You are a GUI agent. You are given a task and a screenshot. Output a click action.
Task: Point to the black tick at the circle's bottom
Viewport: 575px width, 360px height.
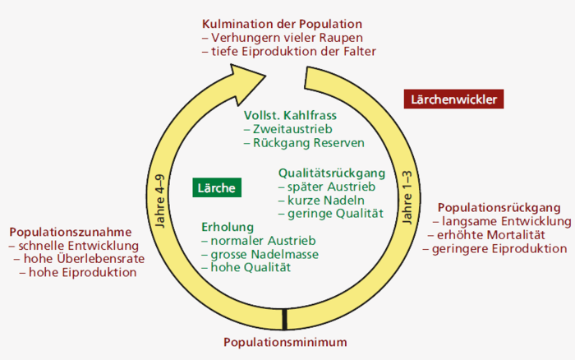click(x=284, y=318)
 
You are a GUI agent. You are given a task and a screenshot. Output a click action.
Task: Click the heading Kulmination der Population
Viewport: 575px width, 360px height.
click(x=282, y=24)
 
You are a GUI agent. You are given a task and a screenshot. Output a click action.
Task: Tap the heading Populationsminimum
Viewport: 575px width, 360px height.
click(x=286, y=342)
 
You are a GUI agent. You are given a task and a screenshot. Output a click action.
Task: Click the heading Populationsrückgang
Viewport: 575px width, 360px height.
click(x=499, y=207)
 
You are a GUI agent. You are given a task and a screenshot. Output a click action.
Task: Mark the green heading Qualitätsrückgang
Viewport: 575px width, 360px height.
click(x=332, y=173)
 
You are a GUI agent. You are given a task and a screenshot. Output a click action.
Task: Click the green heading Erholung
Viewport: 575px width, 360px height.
click(x=228, y=227)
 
